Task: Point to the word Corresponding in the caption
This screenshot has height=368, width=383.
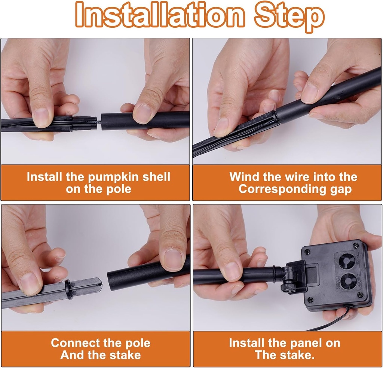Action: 282,189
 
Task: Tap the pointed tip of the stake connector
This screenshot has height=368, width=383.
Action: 102,284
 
